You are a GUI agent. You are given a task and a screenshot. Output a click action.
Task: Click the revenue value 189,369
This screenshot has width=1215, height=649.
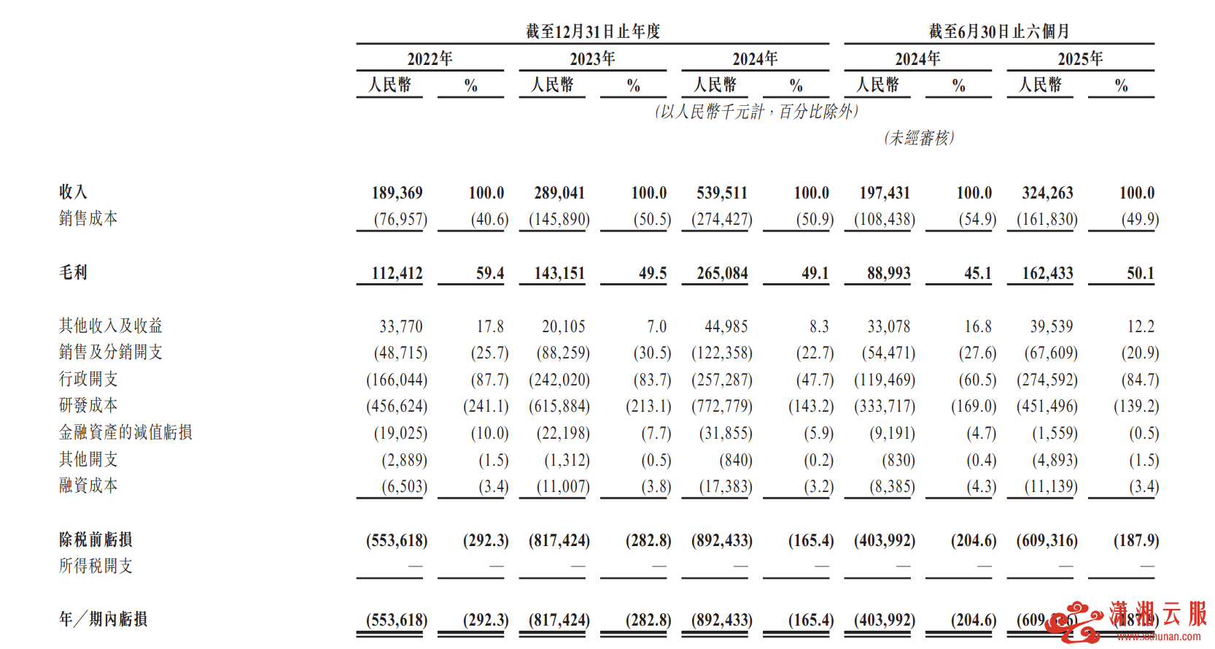coord(397,193)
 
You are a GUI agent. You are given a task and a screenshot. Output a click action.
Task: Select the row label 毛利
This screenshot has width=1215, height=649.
coord(73,272)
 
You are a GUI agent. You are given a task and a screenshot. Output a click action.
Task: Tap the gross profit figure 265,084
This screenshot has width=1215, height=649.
coord(722,273)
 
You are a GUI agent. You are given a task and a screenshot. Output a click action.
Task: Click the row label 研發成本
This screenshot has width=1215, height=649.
coord(88,405)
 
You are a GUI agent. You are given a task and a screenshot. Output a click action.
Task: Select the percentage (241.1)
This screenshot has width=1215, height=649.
coord(486,406)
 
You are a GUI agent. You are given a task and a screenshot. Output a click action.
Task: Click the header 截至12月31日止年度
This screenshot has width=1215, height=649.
coord(593,31)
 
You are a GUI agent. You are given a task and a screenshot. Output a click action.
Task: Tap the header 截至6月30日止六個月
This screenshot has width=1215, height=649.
coord(999,31)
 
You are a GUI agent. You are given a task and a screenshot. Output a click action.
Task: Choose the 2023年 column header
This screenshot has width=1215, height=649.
coord(592,58)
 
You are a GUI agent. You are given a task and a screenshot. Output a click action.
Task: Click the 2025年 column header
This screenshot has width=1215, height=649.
coord(1080,58)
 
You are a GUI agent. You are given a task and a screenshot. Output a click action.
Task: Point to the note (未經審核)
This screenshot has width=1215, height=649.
coord(919,138)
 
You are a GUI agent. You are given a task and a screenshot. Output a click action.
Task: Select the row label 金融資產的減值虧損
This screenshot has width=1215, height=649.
coord(125,432)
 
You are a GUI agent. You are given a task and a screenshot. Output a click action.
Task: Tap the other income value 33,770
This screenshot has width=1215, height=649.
coord(400,326)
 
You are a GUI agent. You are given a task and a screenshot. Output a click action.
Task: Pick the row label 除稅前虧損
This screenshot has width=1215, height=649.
coord(96,539)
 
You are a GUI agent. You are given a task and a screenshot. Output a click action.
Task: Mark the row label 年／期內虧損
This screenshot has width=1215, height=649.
coord(103,619)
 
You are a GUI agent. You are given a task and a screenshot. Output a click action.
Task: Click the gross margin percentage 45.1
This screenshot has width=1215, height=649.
coord(977,273)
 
